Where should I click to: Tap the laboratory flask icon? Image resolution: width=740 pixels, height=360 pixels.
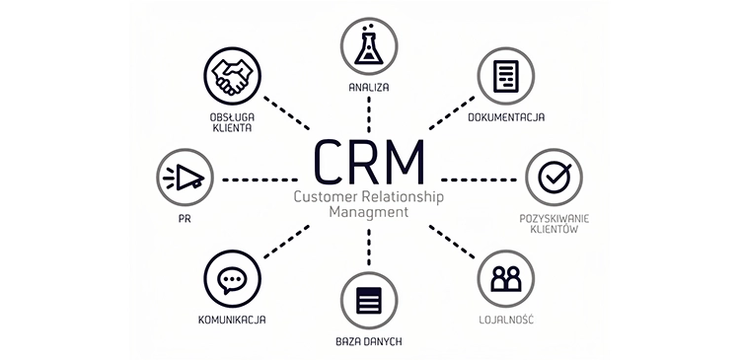point(369,45)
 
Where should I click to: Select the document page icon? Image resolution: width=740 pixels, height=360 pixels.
point(505,75)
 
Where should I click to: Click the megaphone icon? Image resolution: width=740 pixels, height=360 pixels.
point(185,178)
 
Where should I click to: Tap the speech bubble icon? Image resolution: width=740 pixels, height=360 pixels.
point(231,279)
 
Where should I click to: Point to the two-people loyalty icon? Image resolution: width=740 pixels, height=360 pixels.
point(506,279)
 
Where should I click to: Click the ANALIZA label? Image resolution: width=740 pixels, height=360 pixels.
point(369,87)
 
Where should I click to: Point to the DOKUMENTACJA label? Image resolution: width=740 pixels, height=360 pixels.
point(507,117)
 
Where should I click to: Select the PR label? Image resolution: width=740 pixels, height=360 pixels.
point(185,220)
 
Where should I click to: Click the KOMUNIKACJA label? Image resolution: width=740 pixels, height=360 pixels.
point(231,321)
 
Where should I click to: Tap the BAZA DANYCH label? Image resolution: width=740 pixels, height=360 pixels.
point(369,341)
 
